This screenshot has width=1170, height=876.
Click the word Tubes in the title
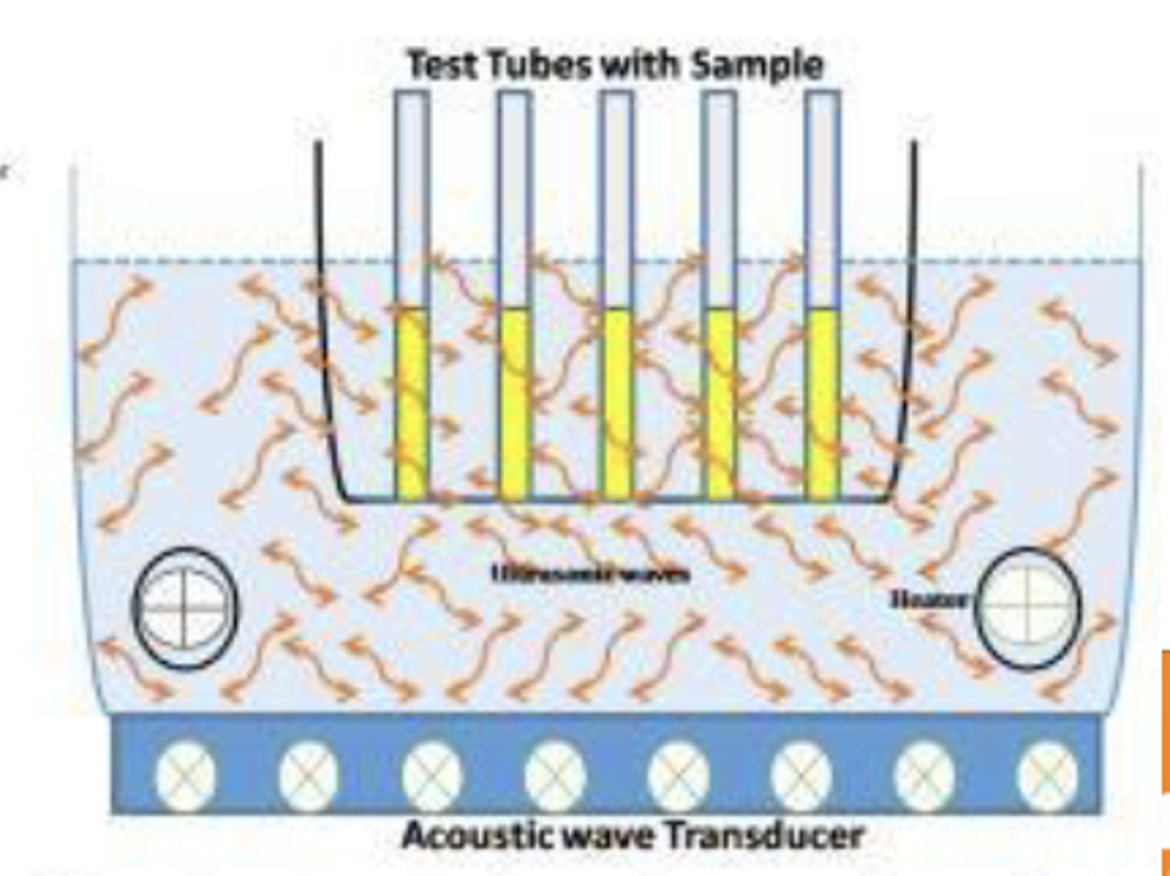[x=537, y=65]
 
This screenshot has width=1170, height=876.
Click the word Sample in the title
[x=756, y=65]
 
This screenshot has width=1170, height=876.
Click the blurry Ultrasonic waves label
[x=591, y=574]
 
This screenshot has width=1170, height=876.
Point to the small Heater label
[x=929, y=600]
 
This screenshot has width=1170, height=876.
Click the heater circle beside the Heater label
[x=1027, y=608]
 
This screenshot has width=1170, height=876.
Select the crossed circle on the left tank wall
[x=185, y=608]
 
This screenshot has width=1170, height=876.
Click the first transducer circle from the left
[x=185, y=774]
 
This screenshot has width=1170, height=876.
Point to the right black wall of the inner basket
[x=911, y=325]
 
